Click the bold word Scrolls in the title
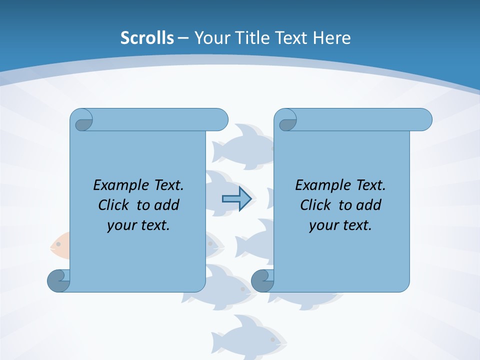[x=147, y=38]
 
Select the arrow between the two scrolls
[x=236, y=199]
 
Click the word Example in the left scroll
[x=118, y=185]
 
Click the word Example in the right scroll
[x=320, y=185]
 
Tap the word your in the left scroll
[x=120, y=225]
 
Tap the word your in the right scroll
[x=322, y=225]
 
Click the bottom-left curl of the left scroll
[x=58, y=281]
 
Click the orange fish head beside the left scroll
[x=59, y=245]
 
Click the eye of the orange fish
[x=58, y=244]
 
